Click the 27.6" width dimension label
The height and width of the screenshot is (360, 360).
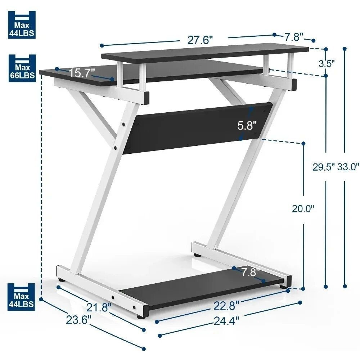pyautogui.click(x=200, y=40)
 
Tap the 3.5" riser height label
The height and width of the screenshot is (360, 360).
pyautogui.click(x=327, y=63)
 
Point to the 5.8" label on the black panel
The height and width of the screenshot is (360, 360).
pyautogui.click(x=247, y=126)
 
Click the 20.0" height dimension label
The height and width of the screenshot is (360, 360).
pyautogui.click(x=303, y=209)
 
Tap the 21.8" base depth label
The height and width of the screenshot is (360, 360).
pyautogui.click(x=99, y=307)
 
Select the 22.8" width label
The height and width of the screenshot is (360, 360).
pyautogui.click(x=226, y=306)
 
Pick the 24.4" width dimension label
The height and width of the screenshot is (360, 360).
pyautogui.click(x=226, y=320)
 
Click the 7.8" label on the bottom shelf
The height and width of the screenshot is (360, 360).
pyautogui.click(x=250, y=273)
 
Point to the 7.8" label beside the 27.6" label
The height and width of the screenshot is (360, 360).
pyautogui.click(x=294, y=36)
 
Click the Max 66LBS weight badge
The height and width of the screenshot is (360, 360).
pyautogui.click(x=22, y=68)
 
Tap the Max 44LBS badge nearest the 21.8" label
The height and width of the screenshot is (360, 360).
pyautogui.click(x=22, y=296)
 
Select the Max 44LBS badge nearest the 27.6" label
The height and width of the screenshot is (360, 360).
pyautogui.click(x=22, y=24)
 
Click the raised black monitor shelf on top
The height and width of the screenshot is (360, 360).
pyautogui.click(x=205, y=53)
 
